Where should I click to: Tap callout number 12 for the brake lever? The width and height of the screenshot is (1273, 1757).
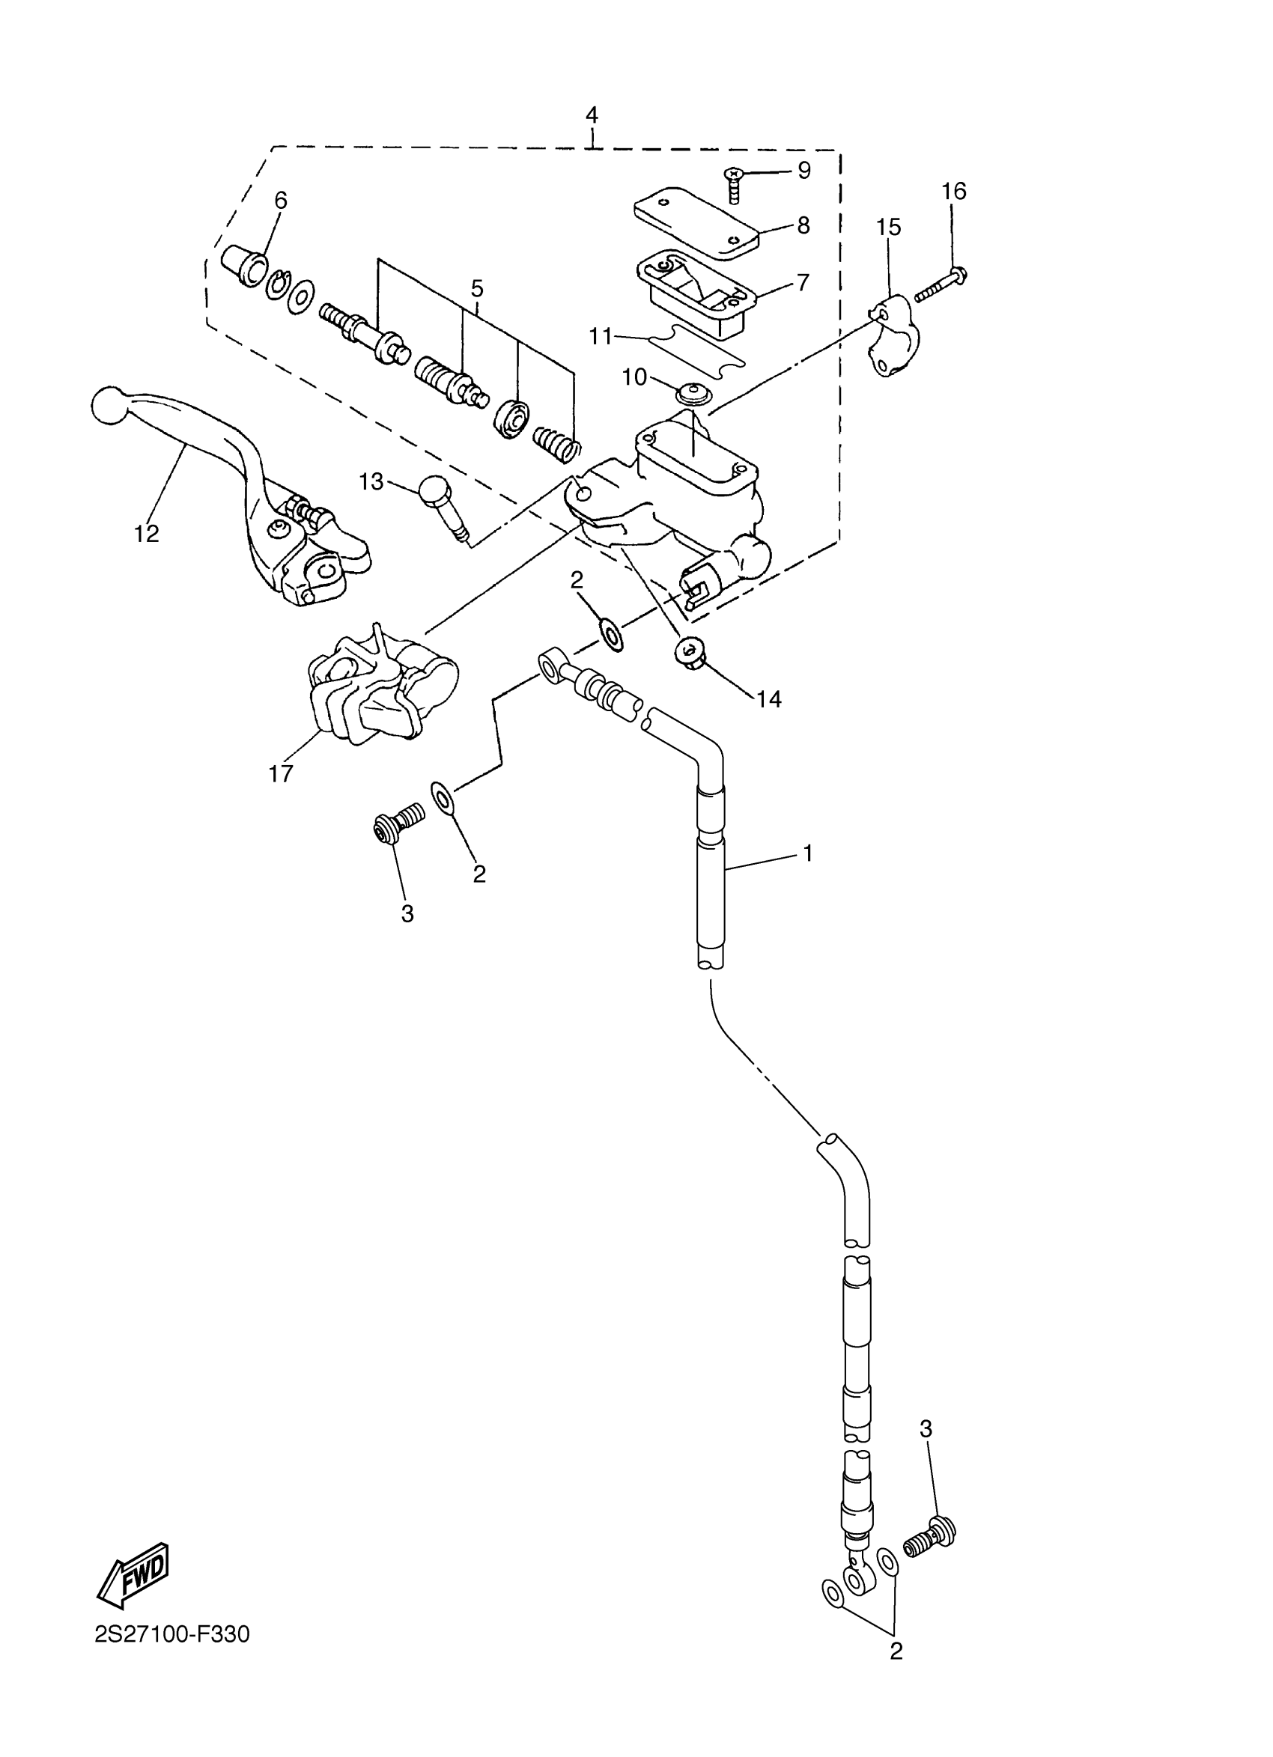click(147, 533)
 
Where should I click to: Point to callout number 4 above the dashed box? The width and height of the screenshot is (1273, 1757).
click(592, 115)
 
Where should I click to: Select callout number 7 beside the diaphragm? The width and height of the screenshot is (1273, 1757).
click(803, 283)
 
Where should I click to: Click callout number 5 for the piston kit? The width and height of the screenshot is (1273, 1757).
click(477, 289)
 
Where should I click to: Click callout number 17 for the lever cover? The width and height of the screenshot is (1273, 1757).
click(281, 773)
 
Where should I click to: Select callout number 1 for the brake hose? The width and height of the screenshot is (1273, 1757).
click(808, 853)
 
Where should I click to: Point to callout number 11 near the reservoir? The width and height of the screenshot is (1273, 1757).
click(601, 336)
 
